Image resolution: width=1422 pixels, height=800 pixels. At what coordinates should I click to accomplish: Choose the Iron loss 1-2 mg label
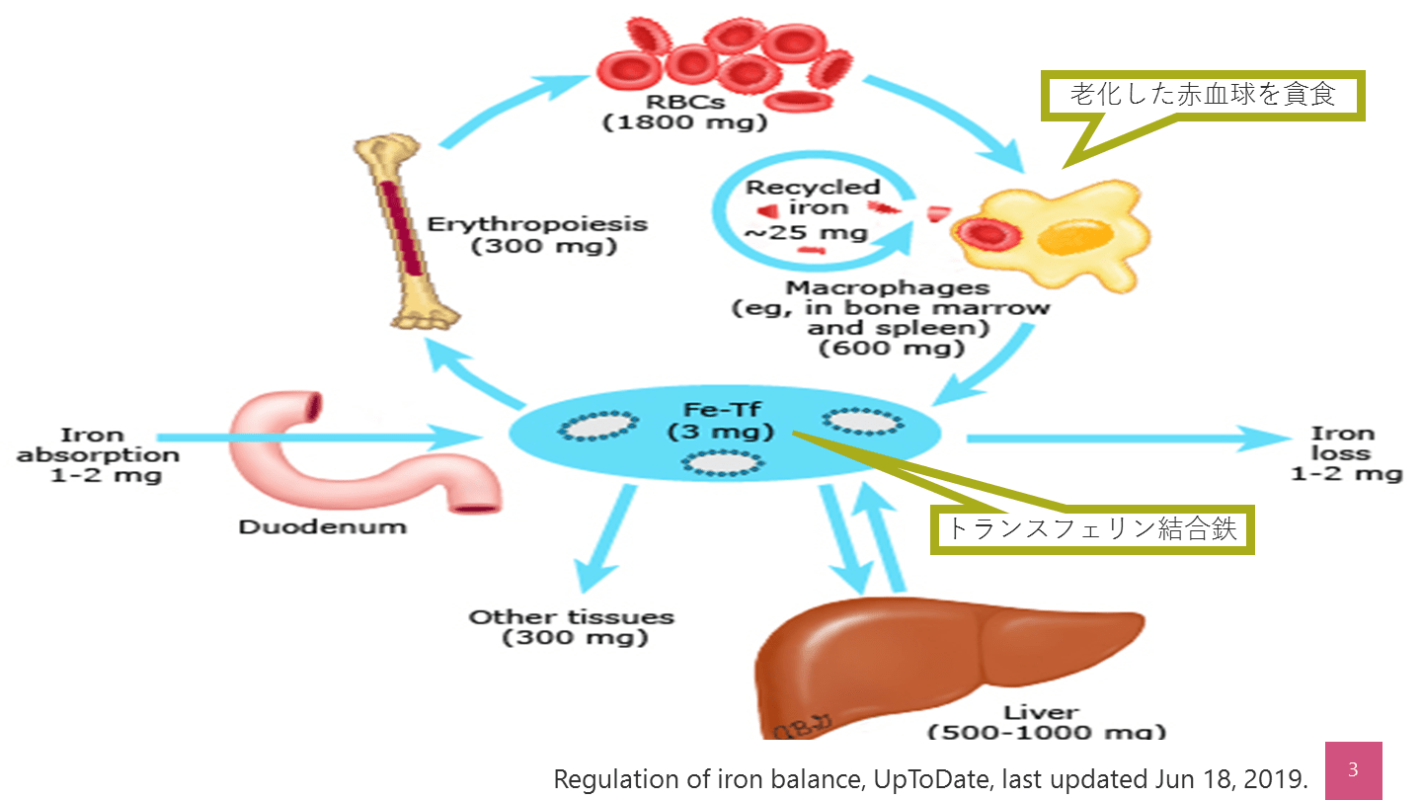click(1346, 453)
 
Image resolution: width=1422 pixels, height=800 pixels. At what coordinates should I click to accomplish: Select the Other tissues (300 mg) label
click(572, 627)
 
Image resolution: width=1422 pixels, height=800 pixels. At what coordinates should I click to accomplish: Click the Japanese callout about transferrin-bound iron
click(1093, 528)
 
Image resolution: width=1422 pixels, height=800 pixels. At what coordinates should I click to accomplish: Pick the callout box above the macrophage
click(1204, 96)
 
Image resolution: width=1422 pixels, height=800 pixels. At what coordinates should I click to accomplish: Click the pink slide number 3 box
click(1352, 770)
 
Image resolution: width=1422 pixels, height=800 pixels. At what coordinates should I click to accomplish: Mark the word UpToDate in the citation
click(929, 779)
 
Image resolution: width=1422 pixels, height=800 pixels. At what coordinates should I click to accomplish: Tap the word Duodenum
click(322, 526)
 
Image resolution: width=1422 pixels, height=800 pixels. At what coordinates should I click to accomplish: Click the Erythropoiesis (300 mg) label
click(537, 235)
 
